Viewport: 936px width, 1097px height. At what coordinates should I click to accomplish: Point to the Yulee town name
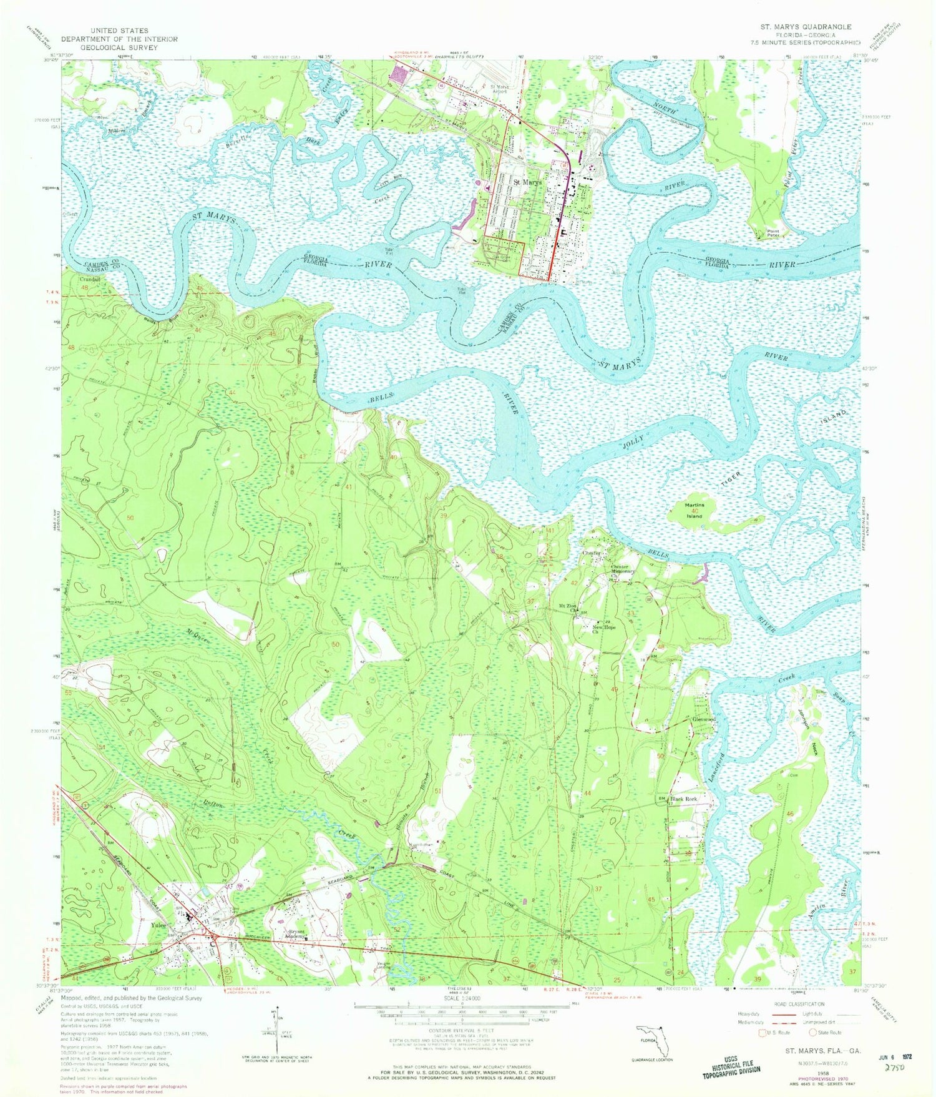click(x=159, y=925)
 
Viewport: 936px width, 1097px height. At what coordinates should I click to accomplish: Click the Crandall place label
click(x=90, y=279)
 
